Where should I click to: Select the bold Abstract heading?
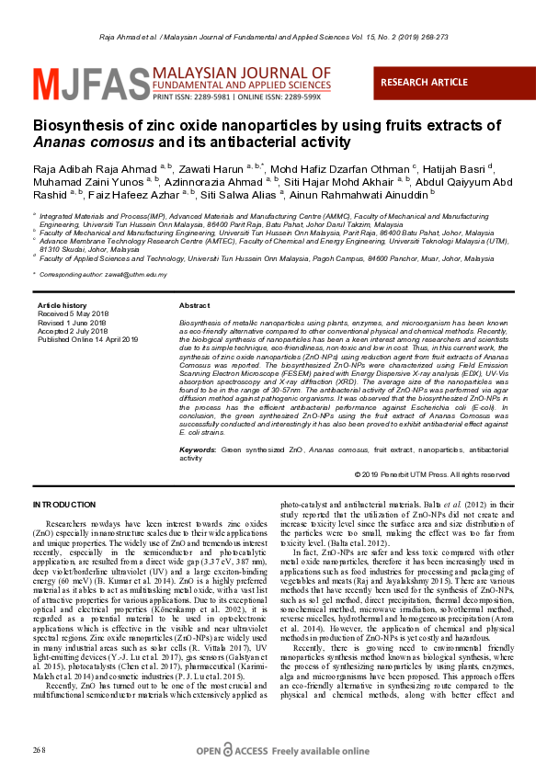(194, 305)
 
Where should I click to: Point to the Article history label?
(62, 305)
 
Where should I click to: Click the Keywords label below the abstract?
(199, 450)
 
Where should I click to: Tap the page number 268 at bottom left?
(39, 751)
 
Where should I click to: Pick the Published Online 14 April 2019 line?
(87, 339)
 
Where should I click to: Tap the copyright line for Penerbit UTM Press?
(432, 474)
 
